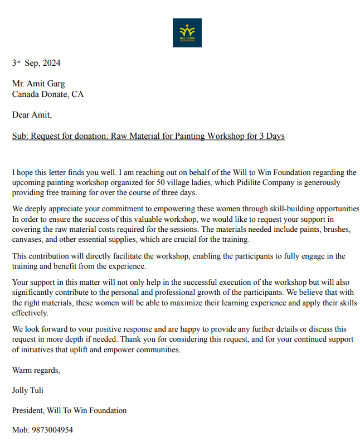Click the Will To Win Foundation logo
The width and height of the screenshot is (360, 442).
[x=187, y=32]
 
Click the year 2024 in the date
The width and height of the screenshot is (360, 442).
[x=51, y=63]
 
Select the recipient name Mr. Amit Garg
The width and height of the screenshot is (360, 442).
[x=38, y=84]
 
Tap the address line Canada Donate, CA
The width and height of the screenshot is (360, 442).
[x=48, y=94]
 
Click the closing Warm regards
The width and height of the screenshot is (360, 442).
[x=36, y=370]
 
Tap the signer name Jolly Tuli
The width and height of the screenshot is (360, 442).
[x=27, y=390]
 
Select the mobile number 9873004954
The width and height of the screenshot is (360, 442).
[x=52, y=430]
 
